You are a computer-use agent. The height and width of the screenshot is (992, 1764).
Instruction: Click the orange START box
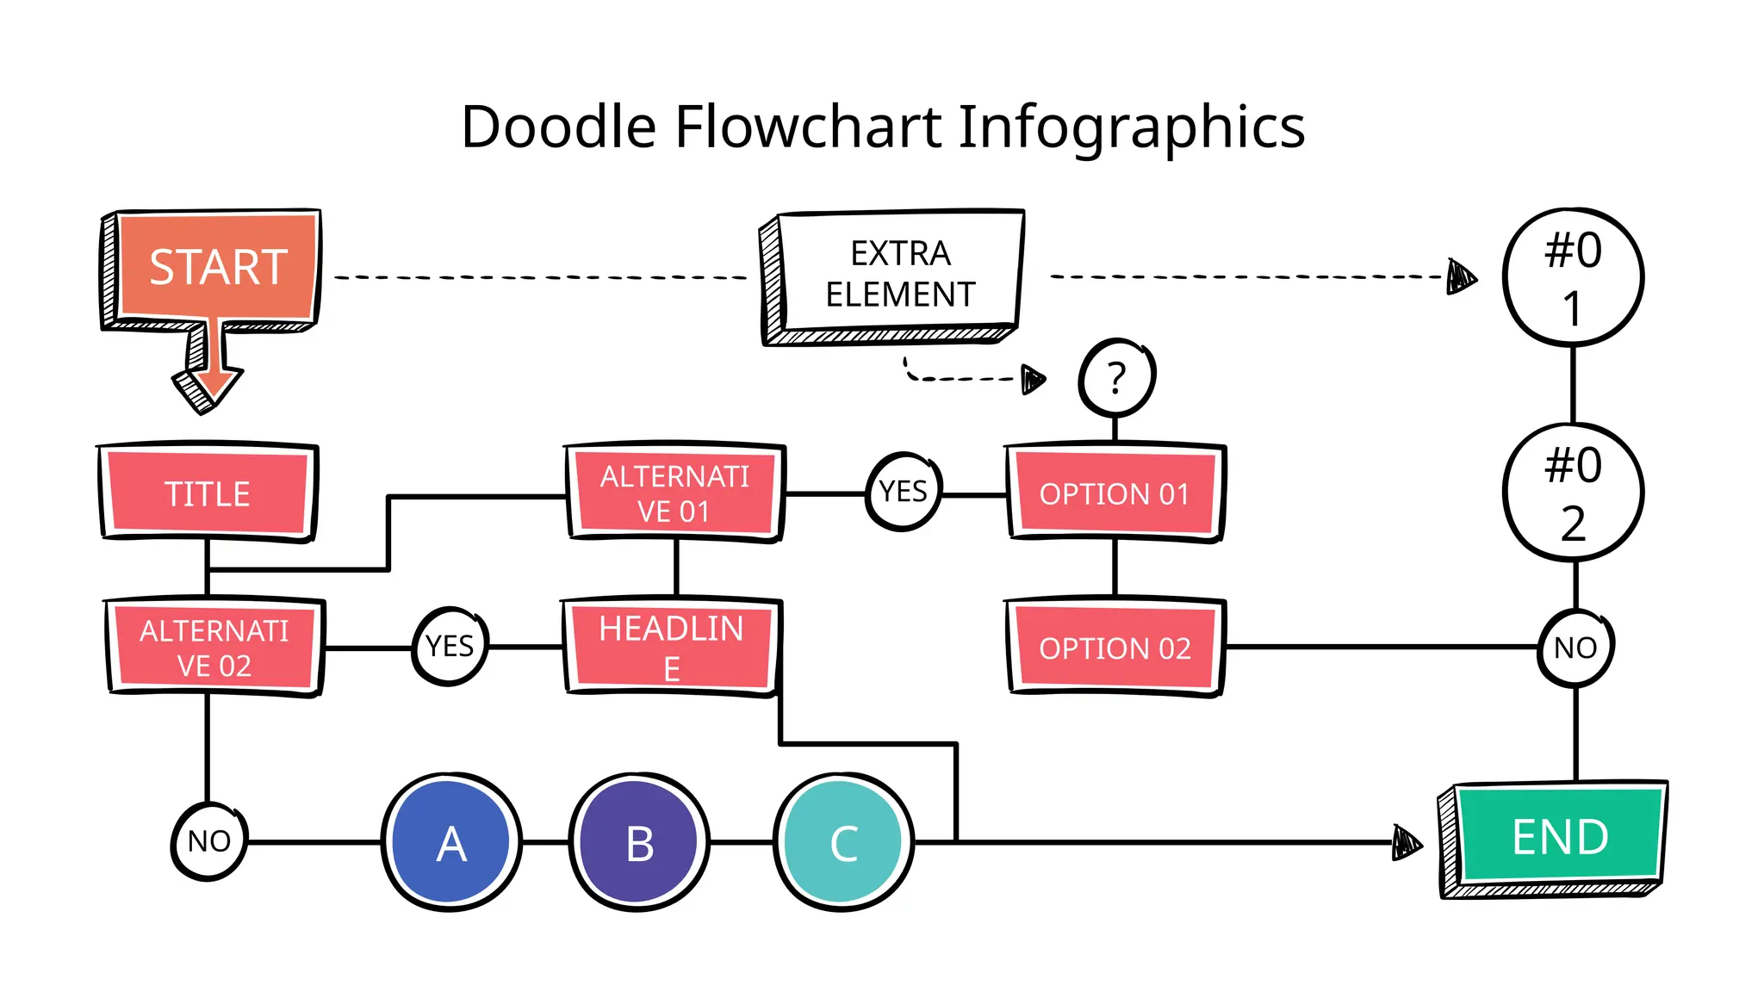217,267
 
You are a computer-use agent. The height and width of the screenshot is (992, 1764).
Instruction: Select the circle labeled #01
1573,277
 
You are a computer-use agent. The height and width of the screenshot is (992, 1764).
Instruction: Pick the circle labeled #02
1573,493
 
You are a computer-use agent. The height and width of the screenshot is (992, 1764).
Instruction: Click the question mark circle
1116,378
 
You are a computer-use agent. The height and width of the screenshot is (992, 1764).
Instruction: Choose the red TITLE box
208,493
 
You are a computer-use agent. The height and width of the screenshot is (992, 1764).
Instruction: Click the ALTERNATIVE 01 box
674,493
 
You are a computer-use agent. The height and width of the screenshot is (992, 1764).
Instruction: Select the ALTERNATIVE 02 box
214,648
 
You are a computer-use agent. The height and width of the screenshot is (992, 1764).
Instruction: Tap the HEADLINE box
672,648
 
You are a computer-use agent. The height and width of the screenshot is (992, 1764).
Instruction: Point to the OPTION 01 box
1115,493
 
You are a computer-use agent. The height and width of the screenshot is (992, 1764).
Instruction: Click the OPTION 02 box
1115,648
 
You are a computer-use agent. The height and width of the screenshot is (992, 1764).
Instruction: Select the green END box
1559,837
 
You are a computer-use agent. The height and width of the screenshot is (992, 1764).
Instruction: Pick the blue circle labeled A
451,842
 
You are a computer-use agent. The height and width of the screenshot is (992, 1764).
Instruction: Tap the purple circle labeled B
639,842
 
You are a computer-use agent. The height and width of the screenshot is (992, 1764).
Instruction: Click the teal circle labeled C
843,842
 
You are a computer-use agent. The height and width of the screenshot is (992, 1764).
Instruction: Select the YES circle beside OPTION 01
903,492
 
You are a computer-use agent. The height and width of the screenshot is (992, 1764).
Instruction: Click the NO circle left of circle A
209,840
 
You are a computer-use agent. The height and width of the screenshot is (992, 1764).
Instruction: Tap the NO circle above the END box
1575,648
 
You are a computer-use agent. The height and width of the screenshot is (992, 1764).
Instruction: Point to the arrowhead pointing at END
1406,842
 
